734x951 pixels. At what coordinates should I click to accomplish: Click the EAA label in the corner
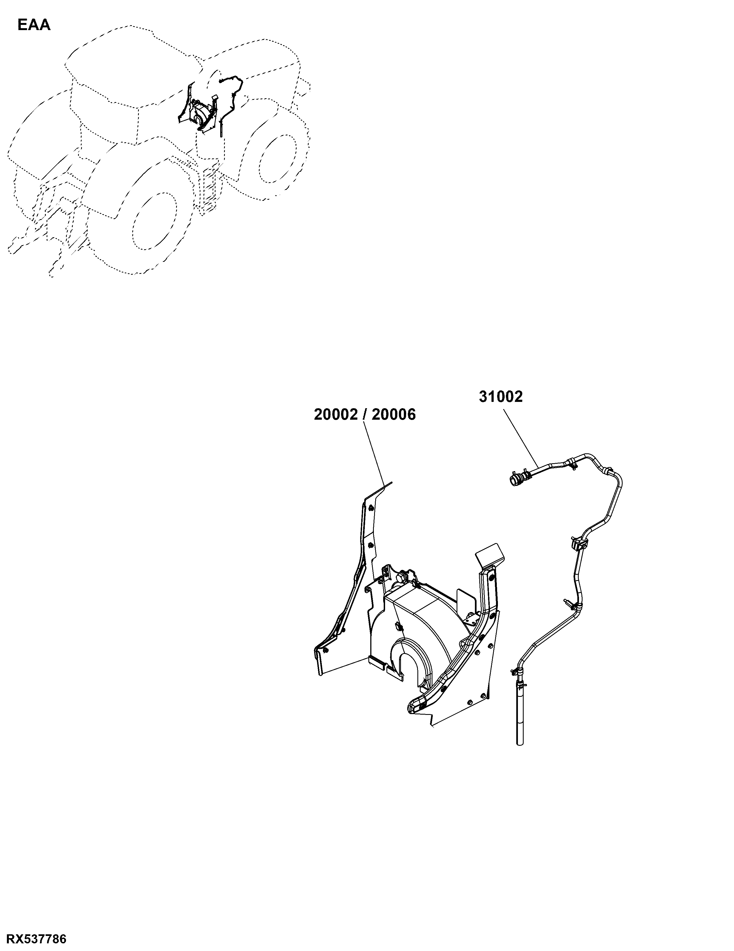34,25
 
